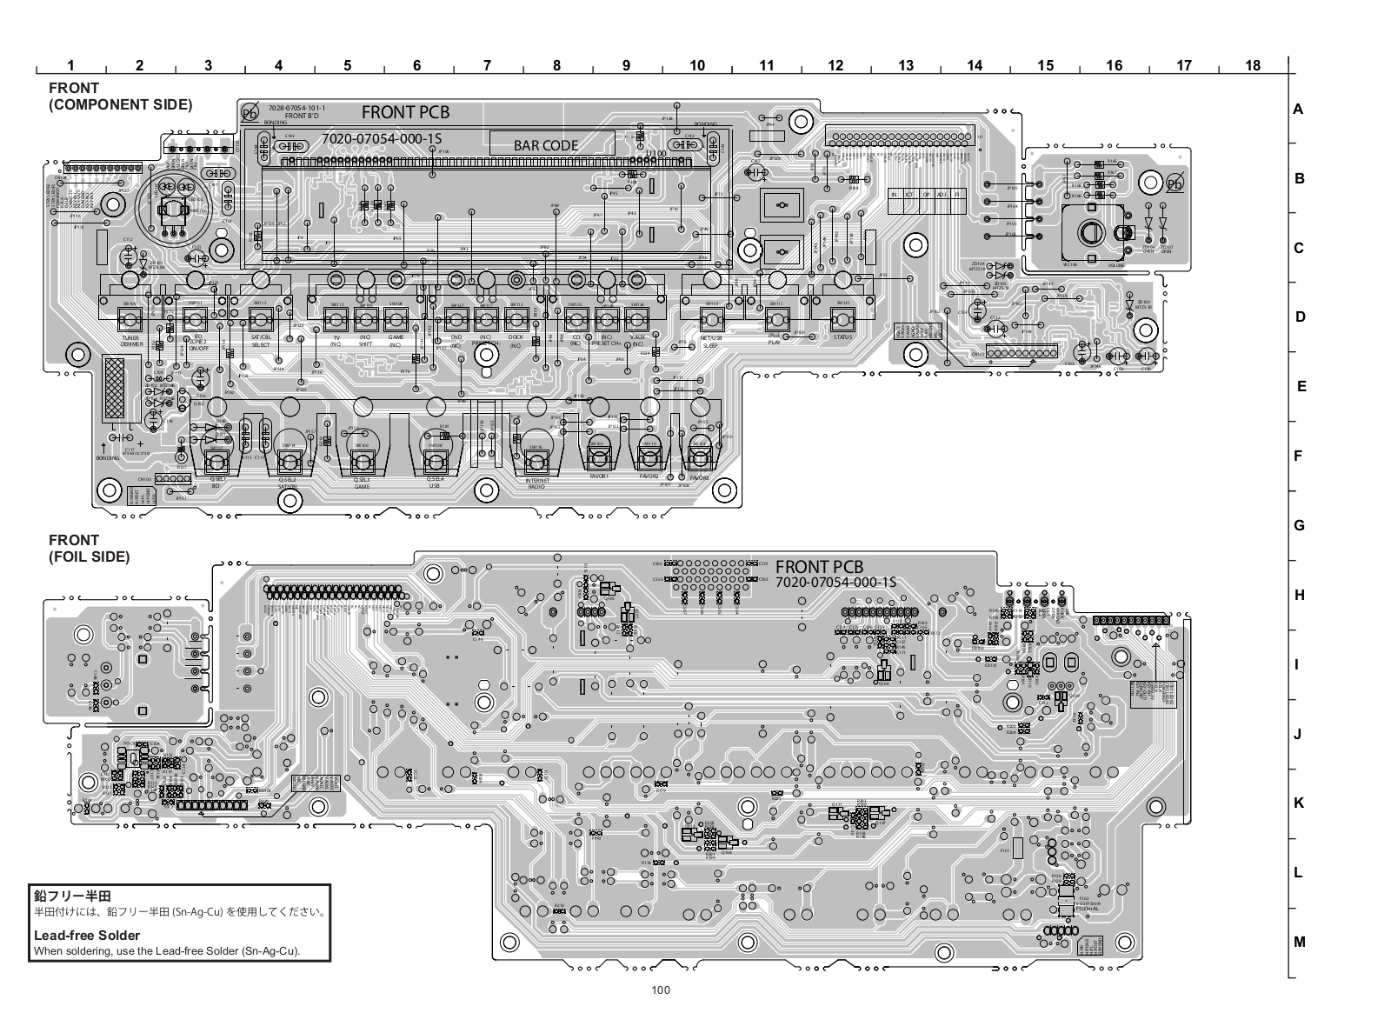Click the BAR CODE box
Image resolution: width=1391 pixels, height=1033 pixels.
(546, 144)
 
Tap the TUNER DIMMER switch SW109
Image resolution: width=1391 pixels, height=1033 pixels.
(131, 317)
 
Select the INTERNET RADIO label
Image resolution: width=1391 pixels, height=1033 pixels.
(536, 483)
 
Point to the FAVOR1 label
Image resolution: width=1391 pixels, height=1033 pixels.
(599, 477)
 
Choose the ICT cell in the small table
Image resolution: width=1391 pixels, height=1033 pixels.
(909, 194)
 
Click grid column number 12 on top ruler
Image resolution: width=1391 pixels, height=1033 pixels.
(835, 65)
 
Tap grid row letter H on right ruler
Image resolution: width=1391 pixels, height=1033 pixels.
(1299, 595)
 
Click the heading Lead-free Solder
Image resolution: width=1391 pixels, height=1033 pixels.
(87, 936)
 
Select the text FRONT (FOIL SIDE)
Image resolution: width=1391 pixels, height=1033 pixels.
(89, 548)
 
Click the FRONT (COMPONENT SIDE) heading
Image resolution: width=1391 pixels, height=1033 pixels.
(120, 96)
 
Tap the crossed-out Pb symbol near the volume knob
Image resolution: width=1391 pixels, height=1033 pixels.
(1174, 182)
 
